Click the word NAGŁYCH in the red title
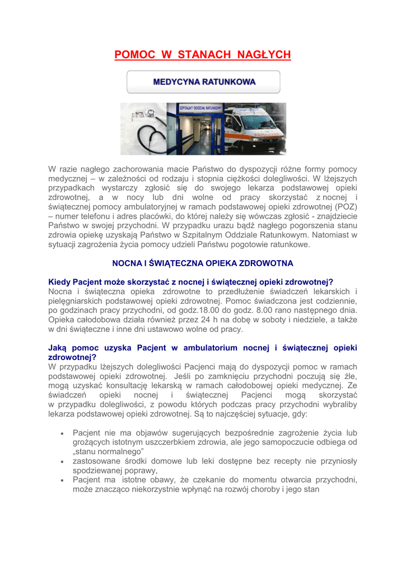pyautogui.click(x=264, y=54)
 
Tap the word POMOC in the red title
pyautogui.click(x=134, y=54)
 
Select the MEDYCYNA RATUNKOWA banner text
pyautogui.click(x=204, y=82)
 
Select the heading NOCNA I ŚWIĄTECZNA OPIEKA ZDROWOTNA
pyautogui.click(x=203, y=263)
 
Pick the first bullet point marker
pyautogui.click(x=62, y=433)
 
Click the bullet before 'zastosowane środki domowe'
pyautogui.click(x=62, y=461)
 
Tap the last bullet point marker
pyautogui.click(x=62, y=480)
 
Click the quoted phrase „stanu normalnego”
pyautogui.click(x=109, y=451)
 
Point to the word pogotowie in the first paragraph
pyautogui.click(x=237, y=245)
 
